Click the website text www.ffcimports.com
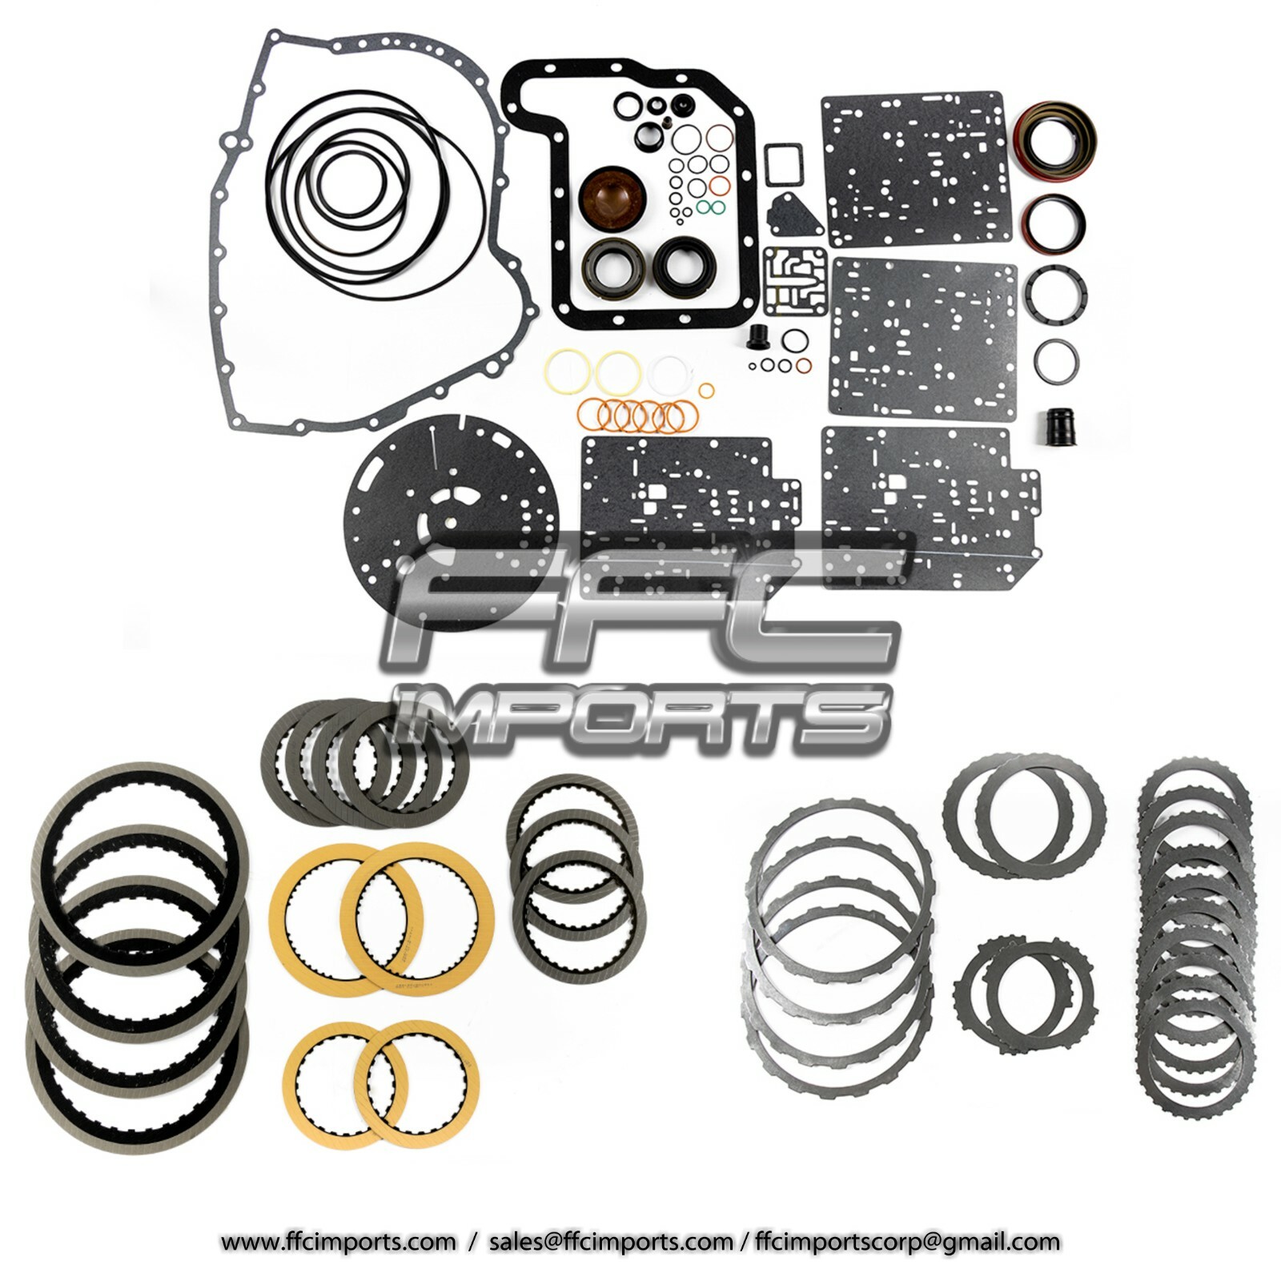click(x=338, y=1243)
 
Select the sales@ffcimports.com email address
click(x=610, y=1243)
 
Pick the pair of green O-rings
click(x=710, y=207)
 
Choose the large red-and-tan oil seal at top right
click(x=1053, y=138)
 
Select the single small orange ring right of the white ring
click(x=706, y=391)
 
